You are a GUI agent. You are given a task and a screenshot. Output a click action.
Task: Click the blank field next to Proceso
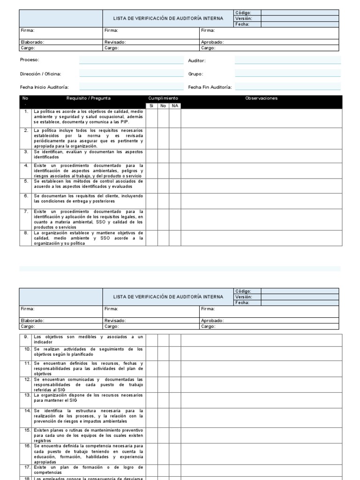click(x=131, y=60)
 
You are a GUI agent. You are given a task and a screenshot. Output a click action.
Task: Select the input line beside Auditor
click(x=287, y=60)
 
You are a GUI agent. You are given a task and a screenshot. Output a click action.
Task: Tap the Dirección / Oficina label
click(x=40, y=74)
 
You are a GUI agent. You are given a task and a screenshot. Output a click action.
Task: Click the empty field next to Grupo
click(x=287, y=74)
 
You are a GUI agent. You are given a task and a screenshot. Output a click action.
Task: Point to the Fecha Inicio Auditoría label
click(x=44, y=87)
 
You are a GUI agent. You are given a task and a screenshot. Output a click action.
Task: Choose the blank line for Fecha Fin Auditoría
click(x=287, y=87)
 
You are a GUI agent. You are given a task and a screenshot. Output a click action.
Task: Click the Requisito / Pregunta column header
click(x=89, y=98)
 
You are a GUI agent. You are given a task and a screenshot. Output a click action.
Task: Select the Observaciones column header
click(x=261, y=98)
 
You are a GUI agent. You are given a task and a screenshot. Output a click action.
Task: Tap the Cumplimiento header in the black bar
click(x=163, y=98)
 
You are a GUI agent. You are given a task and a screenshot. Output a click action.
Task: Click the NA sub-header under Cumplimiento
click(x=175, y=106)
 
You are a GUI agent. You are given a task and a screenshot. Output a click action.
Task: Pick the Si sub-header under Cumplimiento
click(x=151, y=106)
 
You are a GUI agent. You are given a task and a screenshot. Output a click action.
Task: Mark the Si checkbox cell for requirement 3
click(x=151, y=156)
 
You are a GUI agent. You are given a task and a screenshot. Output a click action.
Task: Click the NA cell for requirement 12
click(x=175, y=384)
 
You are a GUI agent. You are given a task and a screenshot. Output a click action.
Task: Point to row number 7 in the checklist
click(x=26, y=211)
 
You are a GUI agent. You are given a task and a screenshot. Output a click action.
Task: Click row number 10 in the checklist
click(x=26, y=349)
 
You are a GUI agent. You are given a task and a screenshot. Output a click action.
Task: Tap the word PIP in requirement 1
click(x=124, y=121)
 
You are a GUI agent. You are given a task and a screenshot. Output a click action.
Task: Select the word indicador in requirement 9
click(x=43, y=342)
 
